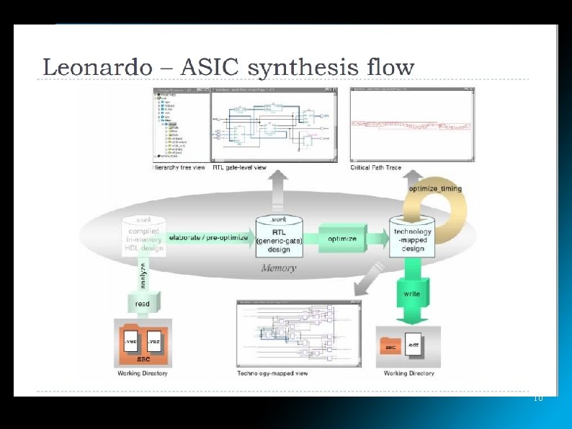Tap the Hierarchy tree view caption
179,167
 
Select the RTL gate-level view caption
238,167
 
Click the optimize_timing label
435,189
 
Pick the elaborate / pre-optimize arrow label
208,237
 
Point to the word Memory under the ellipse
278,267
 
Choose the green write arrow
412,294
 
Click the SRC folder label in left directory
144,358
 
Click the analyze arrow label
135,277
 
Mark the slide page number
537,398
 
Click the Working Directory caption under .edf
409,373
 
